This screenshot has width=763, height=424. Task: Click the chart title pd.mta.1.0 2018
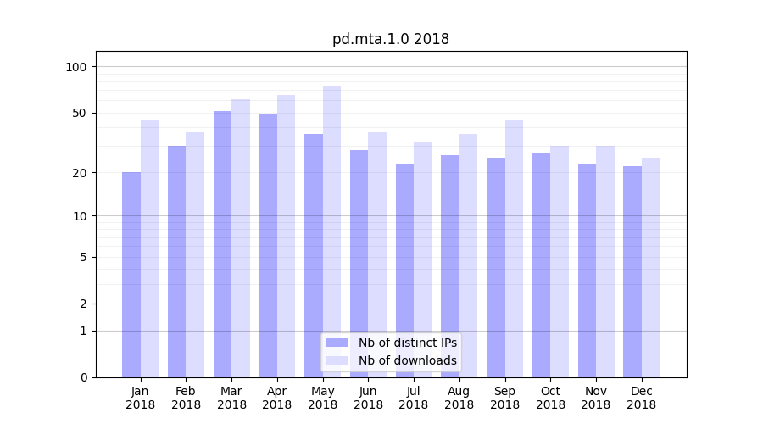pyautogui.click(x=390, y=39)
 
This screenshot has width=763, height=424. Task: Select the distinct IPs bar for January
pyautogui.click(x=131, y=275)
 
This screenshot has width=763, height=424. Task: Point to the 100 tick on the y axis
pyautogui.click(x=76, y=67)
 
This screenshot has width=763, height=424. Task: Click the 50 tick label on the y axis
pyautogui.click(x=80, y=113)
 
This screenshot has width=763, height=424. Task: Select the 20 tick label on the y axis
pyautogui.click(x=80, y=173)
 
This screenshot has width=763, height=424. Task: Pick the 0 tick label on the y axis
pyautogui.click(x=83, y=377)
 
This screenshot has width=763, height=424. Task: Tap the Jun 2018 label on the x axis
pyautogui.click(x=368, y=398)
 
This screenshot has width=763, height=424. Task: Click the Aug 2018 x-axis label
pyautogui.click(x=459, y=398)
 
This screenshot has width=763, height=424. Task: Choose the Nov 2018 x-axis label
pyautogui.click(x=595, y=398)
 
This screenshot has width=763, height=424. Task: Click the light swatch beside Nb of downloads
pyautogui.click(x=337, y=360)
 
